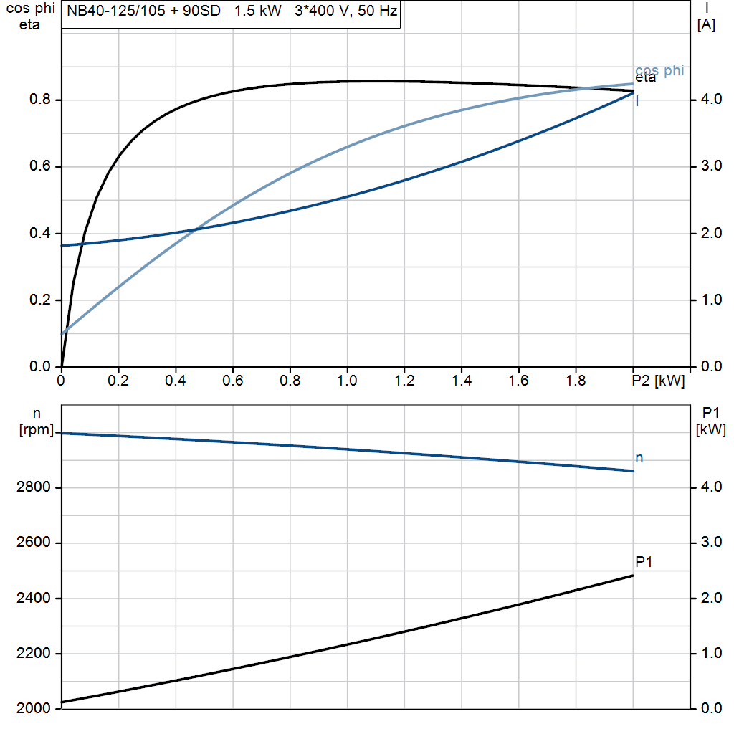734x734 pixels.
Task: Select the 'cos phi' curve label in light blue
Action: (x=659, y=70)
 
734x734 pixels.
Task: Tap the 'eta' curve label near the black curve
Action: (x=645, y=78)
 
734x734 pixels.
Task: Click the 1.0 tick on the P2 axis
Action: (x=347, y=381)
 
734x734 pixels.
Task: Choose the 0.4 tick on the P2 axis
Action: (x=176, y=381)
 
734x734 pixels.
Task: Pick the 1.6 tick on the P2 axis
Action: (x=518, y=381)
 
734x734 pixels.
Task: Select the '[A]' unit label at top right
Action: (x=706, y=25)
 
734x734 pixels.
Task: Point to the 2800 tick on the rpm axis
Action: (x=33, y=488)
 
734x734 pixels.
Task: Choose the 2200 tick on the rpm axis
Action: (x=33, y=654)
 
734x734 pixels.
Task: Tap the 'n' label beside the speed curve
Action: (x=639, y=458)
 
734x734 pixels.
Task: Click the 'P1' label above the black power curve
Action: (x=644, y=562)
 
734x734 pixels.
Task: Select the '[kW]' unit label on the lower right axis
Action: (x=711, y=430)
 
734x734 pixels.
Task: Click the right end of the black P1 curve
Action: (x=633, y=576)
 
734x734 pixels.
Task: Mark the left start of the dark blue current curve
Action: (x=62, y=246)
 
